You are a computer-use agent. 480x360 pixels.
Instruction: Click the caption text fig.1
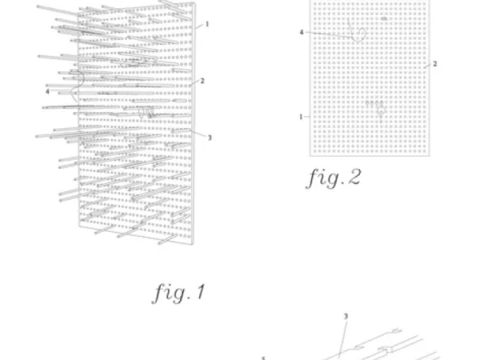178,293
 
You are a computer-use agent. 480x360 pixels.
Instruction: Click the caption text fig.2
334,178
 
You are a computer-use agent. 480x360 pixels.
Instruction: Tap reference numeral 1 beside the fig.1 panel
207,24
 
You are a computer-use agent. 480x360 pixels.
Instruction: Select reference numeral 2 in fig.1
202,81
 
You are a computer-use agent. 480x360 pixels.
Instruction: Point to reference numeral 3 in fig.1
210,138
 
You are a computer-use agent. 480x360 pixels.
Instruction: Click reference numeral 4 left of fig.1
47,91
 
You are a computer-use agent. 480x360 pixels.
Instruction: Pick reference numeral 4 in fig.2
302,32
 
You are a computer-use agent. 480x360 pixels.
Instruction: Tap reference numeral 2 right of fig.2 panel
434,64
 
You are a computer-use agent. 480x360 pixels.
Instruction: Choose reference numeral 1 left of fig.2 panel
301,117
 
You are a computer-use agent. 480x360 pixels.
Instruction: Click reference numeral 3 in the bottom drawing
346,316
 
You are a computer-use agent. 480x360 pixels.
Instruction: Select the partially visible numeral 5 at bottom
263,358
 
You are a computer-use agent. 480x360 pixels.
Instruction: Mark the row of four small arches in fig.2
374,104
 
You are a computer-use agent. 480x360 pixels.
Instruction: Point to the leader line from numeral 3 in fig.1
198,134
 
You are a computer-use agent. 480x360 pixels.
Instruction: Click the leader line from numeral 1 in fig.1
199,26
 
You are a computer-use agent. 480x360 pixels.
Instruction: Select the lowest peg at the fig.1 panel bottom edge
167,239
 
